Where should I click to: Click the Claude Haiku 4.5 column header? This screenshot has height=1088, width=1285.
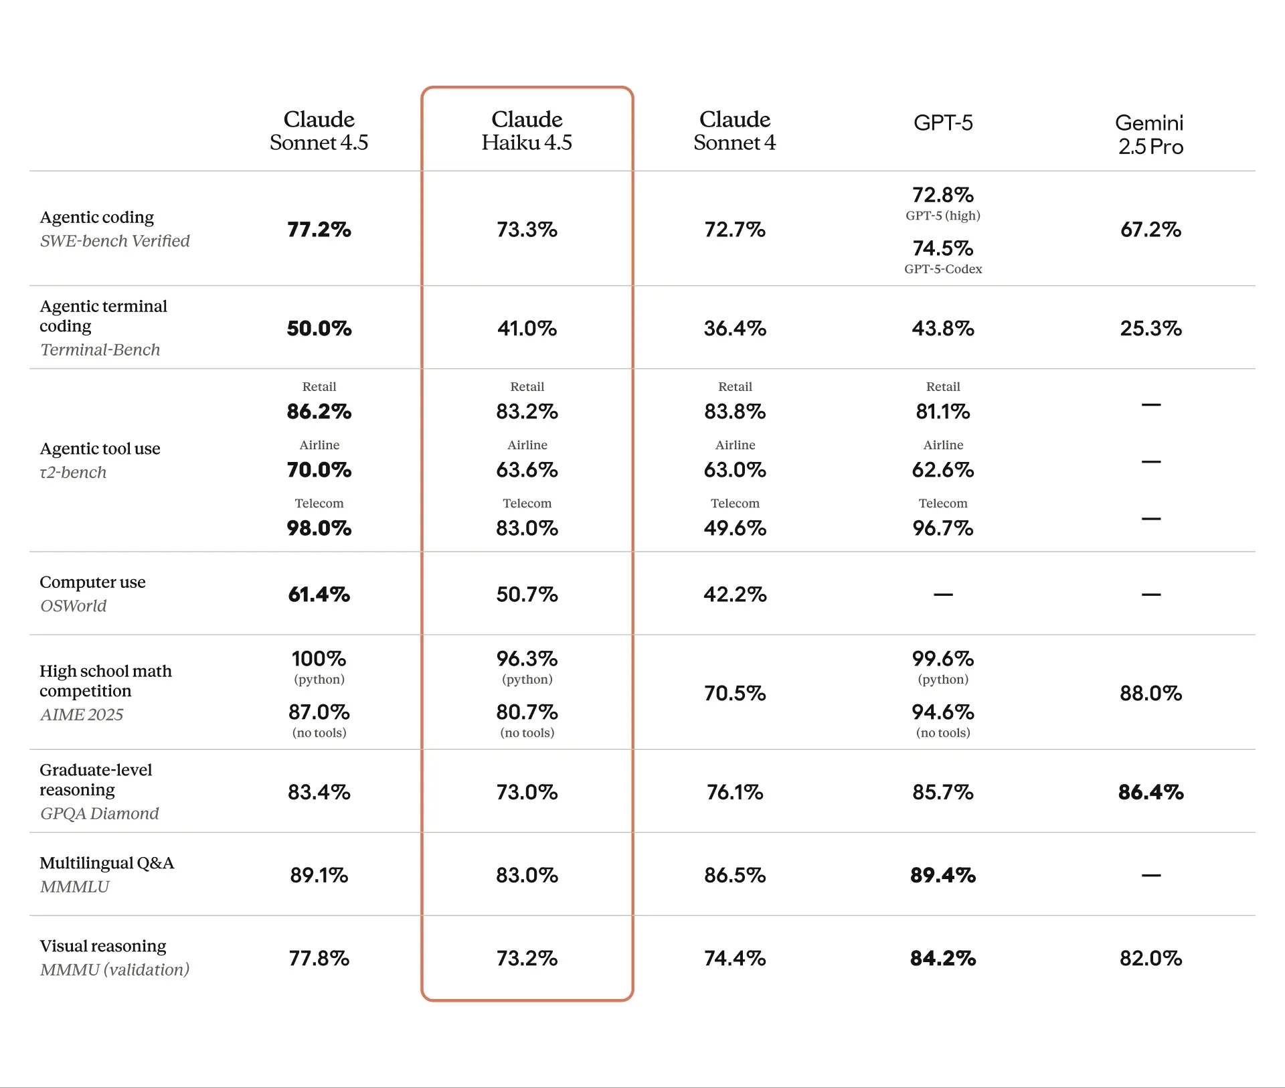tap(527, 131)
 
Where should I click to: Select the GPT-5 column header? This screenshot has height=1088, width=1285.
tap(942, 123)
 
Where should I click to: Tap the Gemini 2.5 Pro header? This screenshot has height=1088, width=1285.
tap(1150, 135)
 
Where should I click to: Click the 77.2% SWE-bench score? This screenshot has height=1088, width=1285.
tap(319, 230)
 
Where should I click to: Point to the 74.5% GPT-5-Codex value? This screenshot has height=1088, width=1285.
tap(942, 248)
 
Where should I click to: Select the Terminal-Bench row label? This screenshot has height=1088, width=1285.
tap(100, 349)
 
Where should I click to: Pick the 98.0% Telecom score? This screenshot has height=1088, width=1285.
tap(319, 528)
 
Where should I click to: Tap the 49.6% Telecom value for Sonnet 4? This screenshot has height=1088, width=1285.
tap(734, 528)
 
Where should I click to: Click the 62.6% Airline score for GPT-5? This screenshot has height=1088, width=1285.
tap(942, 470)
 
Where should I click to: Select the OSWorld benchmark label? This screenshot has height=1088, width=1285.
tap(74, 606)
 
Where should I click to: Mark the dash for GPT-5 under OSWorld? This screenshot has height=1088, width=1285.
tap(942, 595)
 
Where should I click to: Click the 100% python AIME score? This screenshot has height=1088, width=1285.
tap(319, 659)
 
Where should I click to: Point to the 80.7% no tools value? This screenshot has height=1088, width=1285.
tap(527, 712)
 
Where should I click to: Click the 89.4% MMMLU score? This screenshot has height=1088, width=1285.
tap(942, 875)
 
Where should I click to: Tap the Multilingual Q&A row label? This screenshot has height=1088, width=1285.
tap(107, 863)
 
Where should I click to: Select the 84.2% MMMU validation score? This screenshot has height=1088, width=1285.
tap(942, 958)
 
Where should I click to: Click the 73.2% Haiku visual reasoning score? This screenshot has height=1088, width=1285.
tap(527, 958)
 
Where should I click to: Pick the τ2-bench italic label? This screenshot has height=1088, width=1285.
tap(74, 473)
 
